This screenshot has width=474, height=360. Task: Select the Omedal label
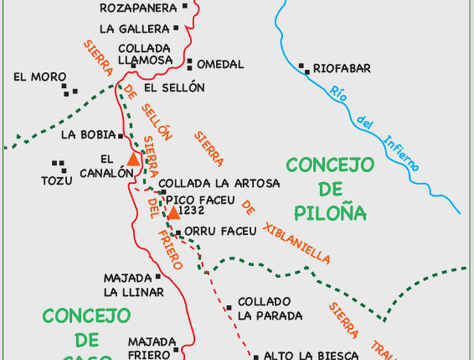coord(220,65)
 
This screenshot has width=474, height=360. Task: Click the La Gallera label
coord(135,29)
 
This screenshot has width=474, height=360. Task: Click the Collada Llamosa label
coord(145,55)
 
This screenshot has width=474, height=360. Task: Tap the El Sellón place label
coord(174,88)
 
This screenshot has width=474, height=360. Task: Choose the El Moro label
coord(40,77)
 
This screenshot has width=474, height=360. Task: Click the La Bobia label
coord(86,135)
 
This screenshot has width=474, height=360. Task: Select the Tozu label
coord(57,181)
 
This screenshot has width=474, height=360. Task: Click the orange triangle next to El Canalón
coord(133,160)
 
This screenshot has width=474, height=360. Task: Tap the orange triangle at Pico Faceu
coord(173,212)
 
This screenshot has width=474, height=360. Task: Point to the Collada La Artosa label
coord(208,184)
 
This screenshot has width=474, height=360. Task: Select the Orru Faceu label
coord(220,231)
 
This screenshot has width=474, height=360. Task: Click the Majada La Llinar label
coord(133,285)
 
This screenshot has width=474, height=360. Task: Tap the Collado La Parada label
coord(269,308)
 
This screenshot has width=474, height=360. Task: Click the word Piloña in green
coord(331,213)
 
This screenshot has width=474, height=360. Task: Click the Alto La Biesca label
coord(311,355)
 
